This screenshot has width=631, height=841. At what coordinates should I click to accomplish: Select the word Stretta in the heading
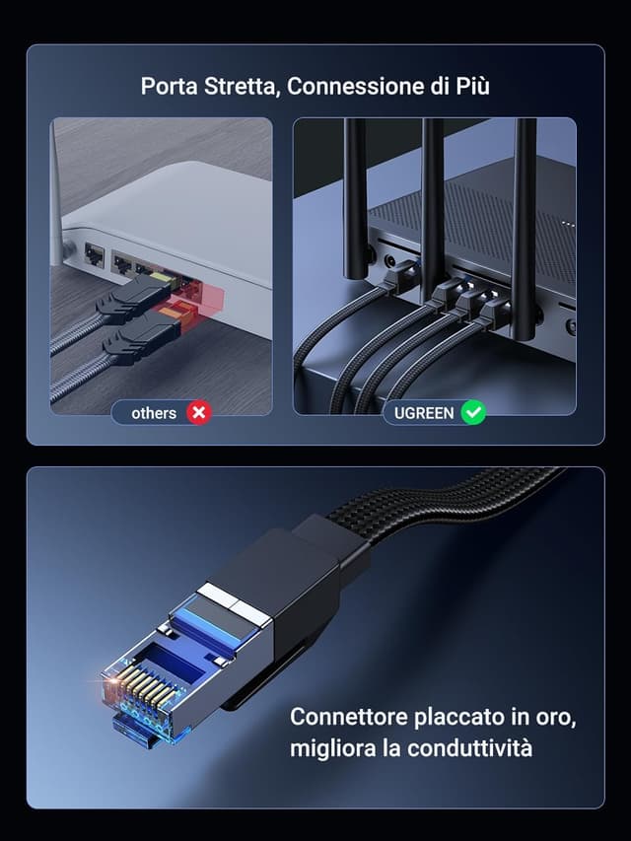[x=243, y=87]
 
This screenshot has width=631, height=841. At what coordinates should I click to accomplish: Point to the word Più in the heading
[x=471, y=87]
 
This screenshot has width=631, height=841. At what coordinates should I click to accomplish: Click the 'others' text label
[x=154, y=413]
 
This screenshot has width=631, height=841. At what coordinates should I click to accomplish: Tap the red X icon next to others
[x=199, y=413]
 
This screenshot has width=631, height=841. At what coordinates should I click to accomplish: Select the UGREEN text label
[x=423, y=413]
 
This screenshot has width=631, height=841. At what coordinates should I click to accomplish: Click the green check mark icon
[x=474, y=413]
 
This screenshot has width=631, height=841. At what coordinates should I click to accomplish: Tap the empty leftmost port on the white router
[x=95, y=255]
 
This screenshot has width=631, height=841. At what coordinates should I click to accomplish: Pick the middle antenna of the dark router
[x=432, y=197]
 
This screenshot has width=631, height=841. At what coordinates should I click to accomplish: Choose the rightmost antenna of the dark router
[x=524, y=207]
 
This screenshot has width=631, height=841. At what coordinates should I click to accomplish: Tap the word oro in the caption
[x=555, y=717]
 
